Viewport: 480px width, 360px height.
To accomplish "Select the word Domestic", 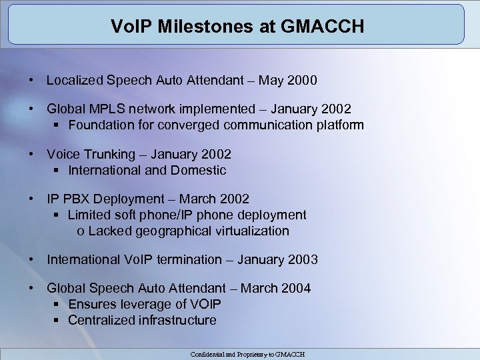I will point(199,170).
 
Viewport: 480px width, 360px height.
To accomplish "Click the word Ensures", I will point(90,304).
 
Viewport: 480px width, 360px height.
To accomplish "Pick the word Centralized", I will point(102,320).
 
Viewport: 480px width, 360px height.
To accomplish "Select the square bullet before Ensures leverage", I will point(57,305).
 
